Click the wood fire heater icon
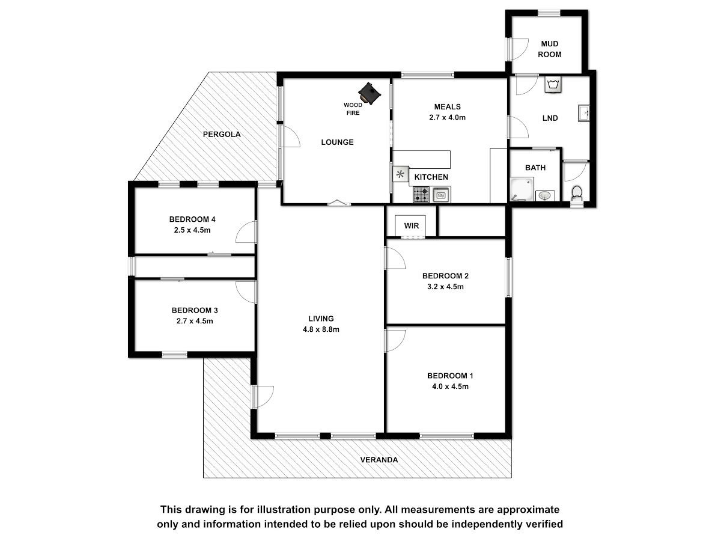[369, 93]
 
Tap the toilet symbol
[577, 194]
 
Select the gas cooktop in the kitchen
[421, 194]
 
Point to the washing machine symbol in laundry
[553, 85]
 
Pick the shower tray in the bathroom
[522, 189]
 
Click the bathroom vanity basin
[545, 196]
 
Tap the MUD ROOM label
[550, 49]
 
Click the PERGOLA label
[222, 134]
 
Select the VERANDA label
[379, 460]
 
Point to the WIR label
[412, 226]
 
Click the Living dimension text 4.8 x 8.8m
[321, 329]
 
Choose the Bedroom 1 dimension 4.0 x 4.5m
[450, 387]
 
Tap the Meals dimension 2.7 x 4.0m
[448, 117]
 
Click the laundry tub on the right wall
[583, 114]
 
